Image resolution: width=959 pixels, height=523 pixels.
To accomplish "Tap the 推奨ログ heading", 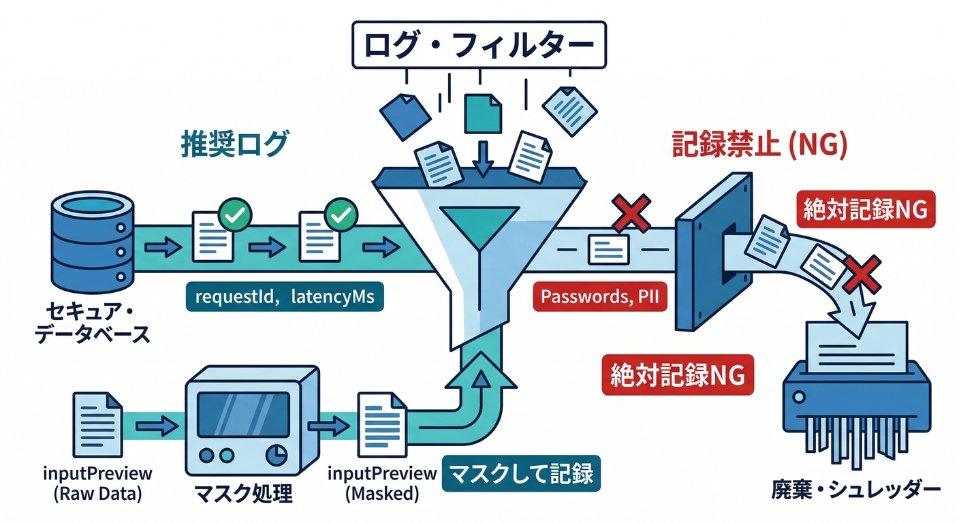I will tap(235, 145).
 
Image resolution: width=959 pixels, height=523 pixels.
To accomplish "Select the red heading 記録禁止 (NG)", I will tap(759, 145).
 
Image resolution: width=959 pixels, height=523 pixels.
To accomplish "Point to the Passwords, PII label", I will tap(599, 298).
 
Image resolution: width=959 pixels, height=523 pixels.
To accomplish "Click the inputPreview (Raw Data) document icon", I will tap(98, 422).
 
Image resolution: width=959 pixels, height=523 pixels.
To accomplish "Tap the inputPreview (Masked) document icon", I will tap(381, 424).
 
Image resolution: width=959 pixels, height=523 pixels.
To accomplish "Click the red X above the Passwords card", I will tap(631, 212).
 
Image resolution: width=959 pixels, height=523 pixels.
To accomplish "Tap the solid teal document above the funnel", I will tap(483, 113).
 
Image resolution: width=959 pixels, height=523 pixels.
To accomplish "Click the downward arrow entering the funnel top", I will tap(483, 159).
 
